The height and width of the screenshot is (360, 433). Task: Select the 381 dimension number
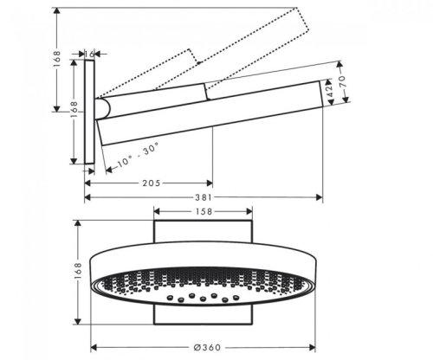pyautogui.click(x=203, y=198)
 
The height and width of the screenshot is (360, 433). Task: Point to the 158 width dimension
pyautogui.click(x=203, y=211)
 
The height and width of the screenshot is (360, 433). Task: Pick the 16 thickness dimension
pyautogui.click(x=90, y=54)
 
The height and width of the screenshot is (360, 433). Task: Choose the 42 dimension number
pyautogui.click(x=329, y=89)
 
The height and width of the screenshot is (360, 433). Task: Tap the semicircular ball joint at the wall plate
pyautogui.click(x=103, y=107)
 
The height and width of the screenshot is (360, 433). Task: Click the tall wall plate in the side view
pyautogui.click(x=89, y=112)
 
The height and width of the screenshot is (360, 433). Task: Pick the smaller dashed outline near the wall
pyautogui.click(x=147, y=78)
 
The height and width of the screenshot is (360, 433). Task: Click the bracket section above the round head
pyautogui.click(x=203, y=233)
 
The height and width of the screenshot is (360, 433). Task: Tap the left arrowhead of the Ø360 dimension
pyautogui.click(x=94, y=347)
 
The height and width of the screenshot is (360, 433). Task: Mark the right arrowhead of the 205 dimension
pyautogui.click(x=210, y=183)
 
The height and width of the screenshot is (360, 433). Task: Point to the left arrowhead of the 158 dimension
pyautogui.click(x=157, y=211)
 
